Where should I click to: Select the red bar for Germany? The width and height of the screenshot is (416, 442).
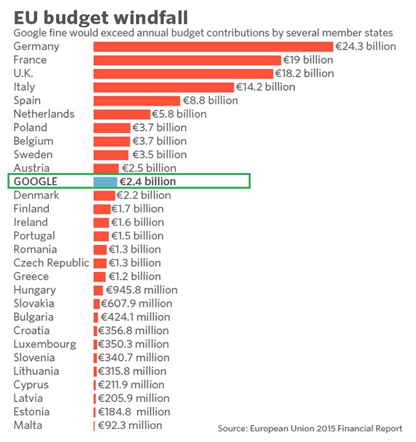point(213,46)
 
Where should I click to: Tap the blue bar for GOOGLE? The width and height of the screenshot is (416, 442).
point(105,181)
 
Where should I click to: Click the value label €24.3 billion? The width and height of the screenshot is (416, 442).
point(366,46)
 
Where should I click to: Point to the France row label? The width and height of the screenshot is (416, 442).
point(30,60)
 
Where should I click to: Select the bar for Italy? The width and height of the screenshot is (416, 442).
point(164,87)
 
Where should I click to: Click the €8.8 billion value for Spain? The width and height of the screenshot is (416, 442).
point(210,100)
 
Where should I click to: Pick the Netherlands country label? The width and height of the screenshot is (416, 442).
point(44,113)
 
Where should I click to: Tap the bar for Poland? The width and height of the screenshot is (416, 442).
point(112,127)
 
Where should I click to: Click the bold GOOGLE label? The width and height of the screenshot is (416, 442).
point(36,181)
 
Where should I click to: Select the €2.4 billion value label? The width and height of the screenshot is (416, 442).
point(148,181)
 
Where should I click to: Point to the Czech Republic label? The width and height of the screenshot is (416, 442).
point(51,263)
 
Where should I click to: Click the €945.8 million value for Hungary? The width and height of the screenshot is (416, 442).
point(142,290)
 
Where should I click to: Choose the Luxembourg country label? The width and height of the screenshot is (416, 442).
point(45,344)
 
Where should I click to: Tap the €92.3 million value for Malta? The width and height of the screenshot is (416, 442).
point(130,425)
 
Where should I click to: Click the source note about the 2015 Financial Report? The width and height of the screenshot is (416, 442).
point(310,429)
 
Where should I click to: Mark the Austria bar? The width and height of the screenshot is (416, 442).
point(106,168)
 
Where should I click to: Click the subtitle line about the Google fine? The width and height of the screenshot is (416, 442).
point(204,33)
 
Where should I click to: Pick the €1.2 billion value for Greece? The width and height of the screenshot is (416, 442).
point(136,276)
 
